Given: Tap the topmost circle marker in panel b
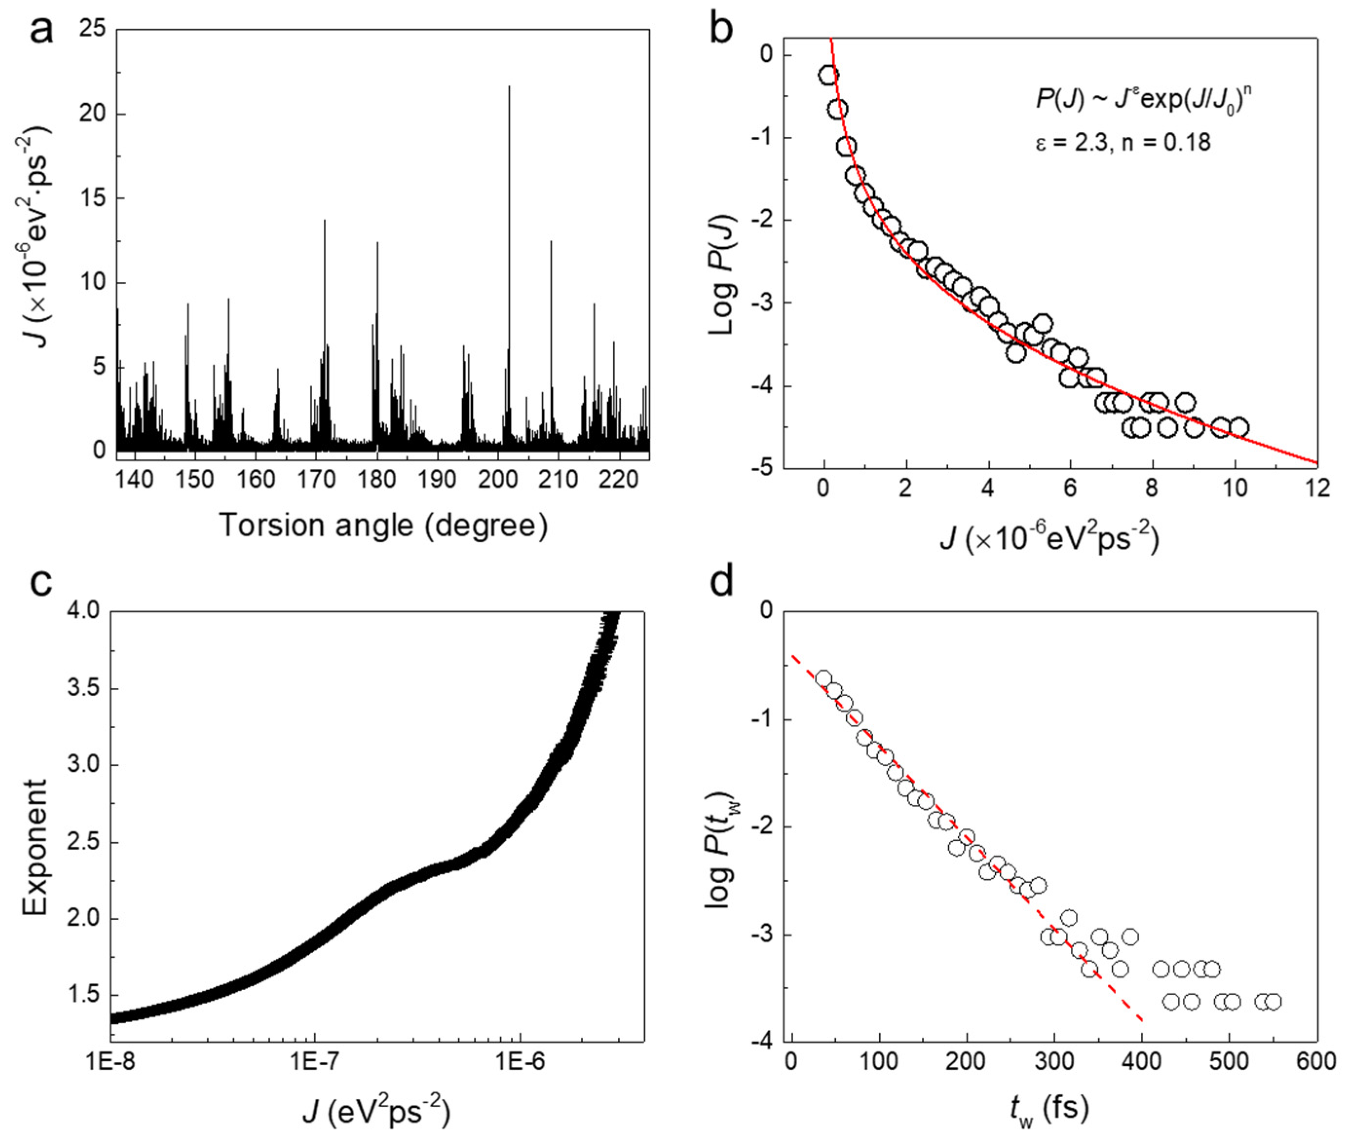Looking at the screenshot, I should tap(827, 75).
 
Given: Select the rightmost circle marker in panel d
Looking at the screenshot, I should tap(1272, 1002).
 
